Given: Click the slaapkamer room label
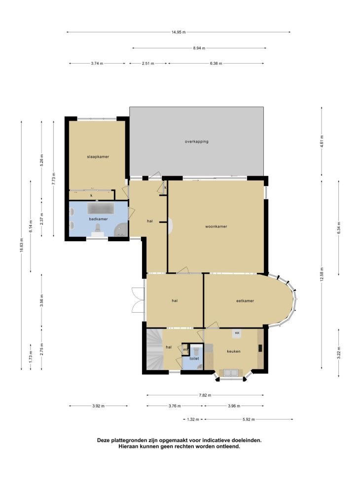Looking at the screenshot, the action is pyautogui.click(x=98, y=157).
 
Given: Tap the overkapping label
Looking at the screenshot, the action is pyautogui.click(x=197, y=142).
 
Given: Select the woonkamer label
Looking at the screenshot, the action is pyautogui.click(x=216, y=226).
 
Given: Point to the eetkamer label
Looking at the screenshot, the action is pyautogui.click(x=245, y=301).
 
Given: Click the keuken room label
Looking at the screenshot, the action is pyautogui.click(x=234, y=351).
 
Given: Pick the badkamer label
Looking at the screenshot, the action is pyautogui.click(x=98, y=219).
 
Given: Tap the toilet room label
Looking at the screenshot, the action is pyautogui.click(x=194, y=359).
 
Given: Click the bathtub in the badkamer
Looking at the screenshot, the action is pyautogui.click(x=101, y=208).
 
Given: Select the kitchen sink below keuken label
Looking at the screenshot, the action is pyautogui.click(x=232, y=372).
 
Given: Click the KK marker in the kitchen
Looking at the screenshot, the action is pyautogui.click(x=237, y=333).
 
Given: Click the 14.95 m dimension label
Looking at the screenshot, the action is pyautogui.click(x=179, y=32).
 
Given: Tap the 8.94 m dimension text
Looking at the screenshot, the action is pyautogui.click(x=199, y=48).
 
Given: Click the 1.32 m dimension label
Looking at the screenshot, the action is pyautogui.click(x=193, y=419).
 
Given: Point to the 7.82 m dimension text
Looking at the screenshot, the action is pyautogui.click(x=205, y=395).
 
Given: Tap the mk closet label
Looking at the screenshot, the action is pyautogui.click(x=185, y=350).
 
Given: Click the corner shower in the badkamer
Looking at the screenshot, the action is pyautogui.click(x=121, y=229).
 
